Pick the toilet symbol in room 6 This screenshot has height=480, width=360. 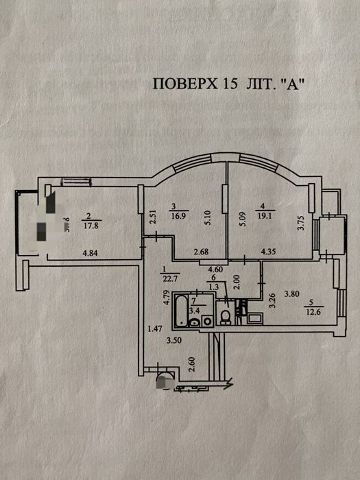coord(225,316)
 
